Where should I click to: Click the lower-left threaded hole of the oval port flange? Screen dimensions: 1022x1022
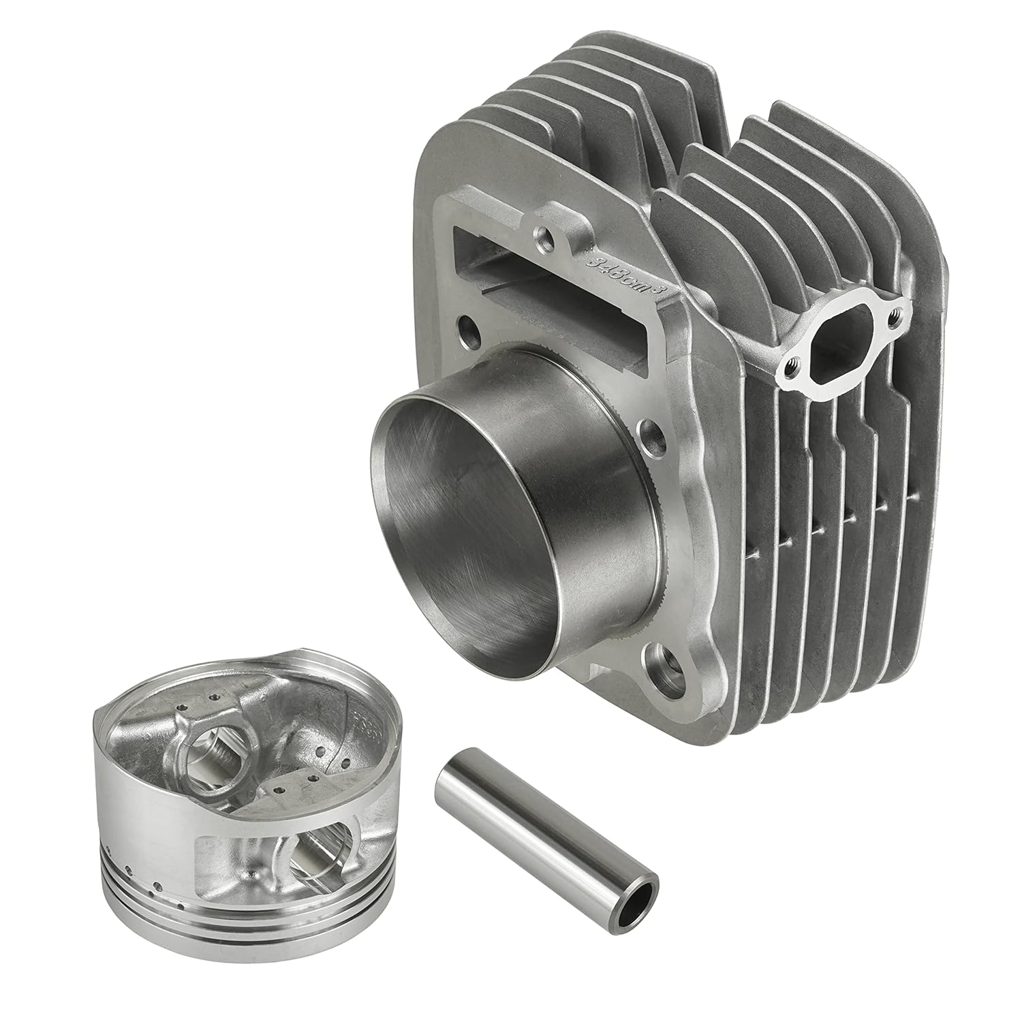[x=791, y=369]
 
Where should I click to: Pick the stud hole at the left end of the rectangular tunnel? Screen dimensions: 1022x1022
[x=469, y=326]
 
